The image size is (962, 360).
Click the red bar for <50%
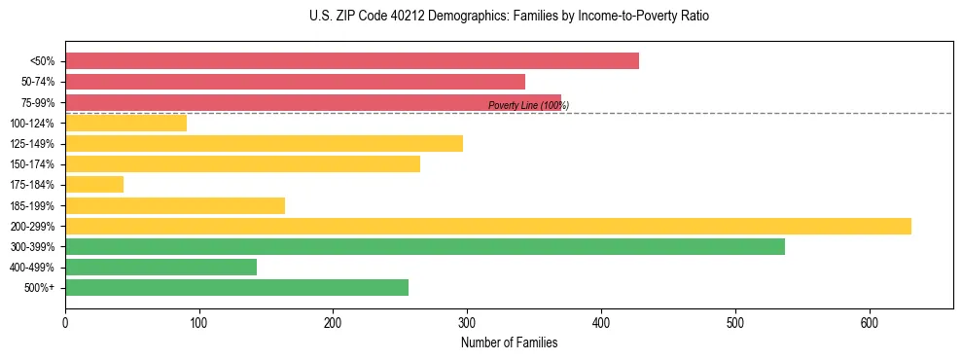coord(352,60)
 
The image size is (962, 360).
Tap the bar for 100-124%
coord(125,123)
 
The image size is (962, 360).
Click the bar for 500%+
coord(236,287)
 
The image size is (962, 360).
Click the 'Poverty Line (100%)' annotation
coord(528,105)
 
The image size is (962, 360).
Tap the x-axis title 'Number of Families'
coord(509,342)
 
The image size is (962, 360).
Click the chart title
coord(510,17)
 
